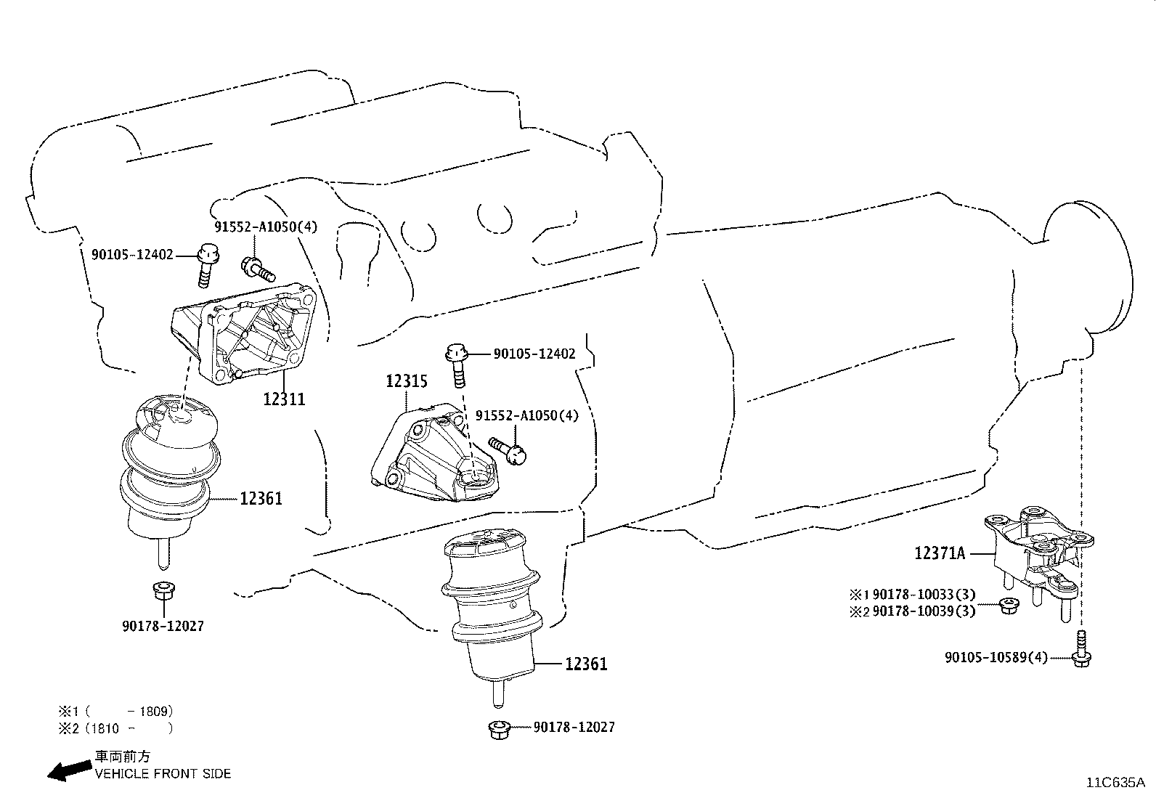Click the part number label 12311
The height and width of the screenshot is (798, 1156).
284,399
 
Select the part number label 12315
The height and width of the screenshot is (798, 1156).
406,381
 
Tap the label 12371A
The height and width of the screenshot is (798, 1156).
940,553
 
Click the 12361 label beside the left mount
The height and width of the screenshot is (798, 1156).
261,498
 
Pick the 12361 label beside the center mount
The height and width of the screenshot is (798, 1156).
586,664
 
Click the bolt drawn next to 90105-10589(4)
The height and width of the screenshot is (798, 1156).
1081,650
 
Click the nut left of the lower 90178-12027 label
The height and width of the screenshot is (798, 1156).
498,729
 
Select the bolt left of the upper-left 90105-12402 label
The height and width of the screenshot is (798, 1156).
206,265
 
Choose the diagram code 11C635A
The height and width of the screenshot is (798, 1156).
1115,783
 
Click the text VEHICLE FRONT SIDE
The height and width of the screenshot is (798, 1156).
163,774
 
